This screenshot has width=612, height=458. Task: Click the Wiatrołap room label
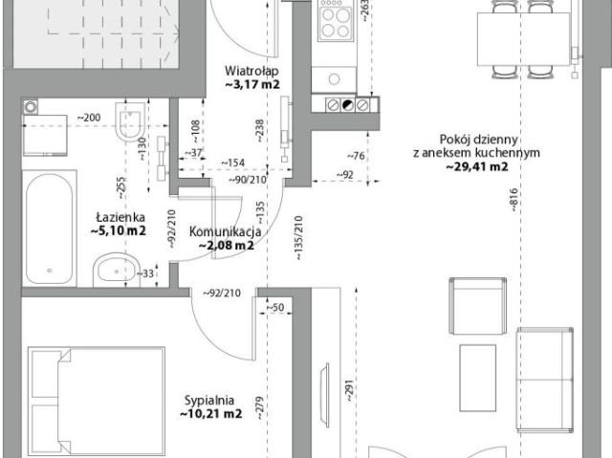pos(251,71)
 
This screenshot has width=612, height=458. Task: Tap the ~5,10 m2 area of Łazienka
pos(119,230)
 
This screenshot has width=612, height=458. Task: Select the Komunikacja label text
pos(226,231)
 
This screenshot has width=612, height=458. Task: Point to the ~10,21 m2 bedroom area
pos(211,413)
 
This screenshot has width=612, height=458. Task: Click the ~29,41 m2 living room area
pos(477,167)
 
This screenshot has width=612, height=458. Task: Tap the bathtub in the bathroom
pos(49,229)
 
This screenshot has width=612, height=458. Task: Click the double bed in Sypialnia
pos(97,402)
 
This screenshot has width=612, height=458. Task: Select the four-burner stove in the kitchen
pos(336,21)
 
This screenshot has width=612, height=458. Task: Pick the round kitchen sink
pos(334,79)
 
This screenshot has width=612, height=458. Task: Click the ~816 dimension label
pos(514,200)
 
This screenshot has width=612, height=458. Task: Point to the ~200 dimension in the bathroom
pos(88,118)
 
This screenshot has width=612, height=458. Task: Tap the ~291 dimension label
pos(348,390)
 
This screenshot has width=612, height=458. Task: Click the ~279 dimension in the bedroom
pos(260,407)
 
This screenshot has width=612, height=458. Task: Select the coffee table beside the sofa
pos(478,378)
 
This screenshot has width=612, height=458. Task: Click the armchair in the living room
pos(478,305)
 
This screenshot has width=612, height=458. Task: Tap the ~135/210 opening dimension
pos(298,238)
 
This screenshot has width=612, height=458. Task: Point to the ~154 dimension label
pos(233,164)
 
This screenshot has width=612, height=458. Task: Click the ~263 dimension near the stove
pos(363,10)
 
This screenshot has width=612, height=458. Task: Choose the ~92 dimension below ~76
pos(344,175)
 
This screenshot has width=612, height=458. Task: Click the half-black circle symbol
pos(348,105)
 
